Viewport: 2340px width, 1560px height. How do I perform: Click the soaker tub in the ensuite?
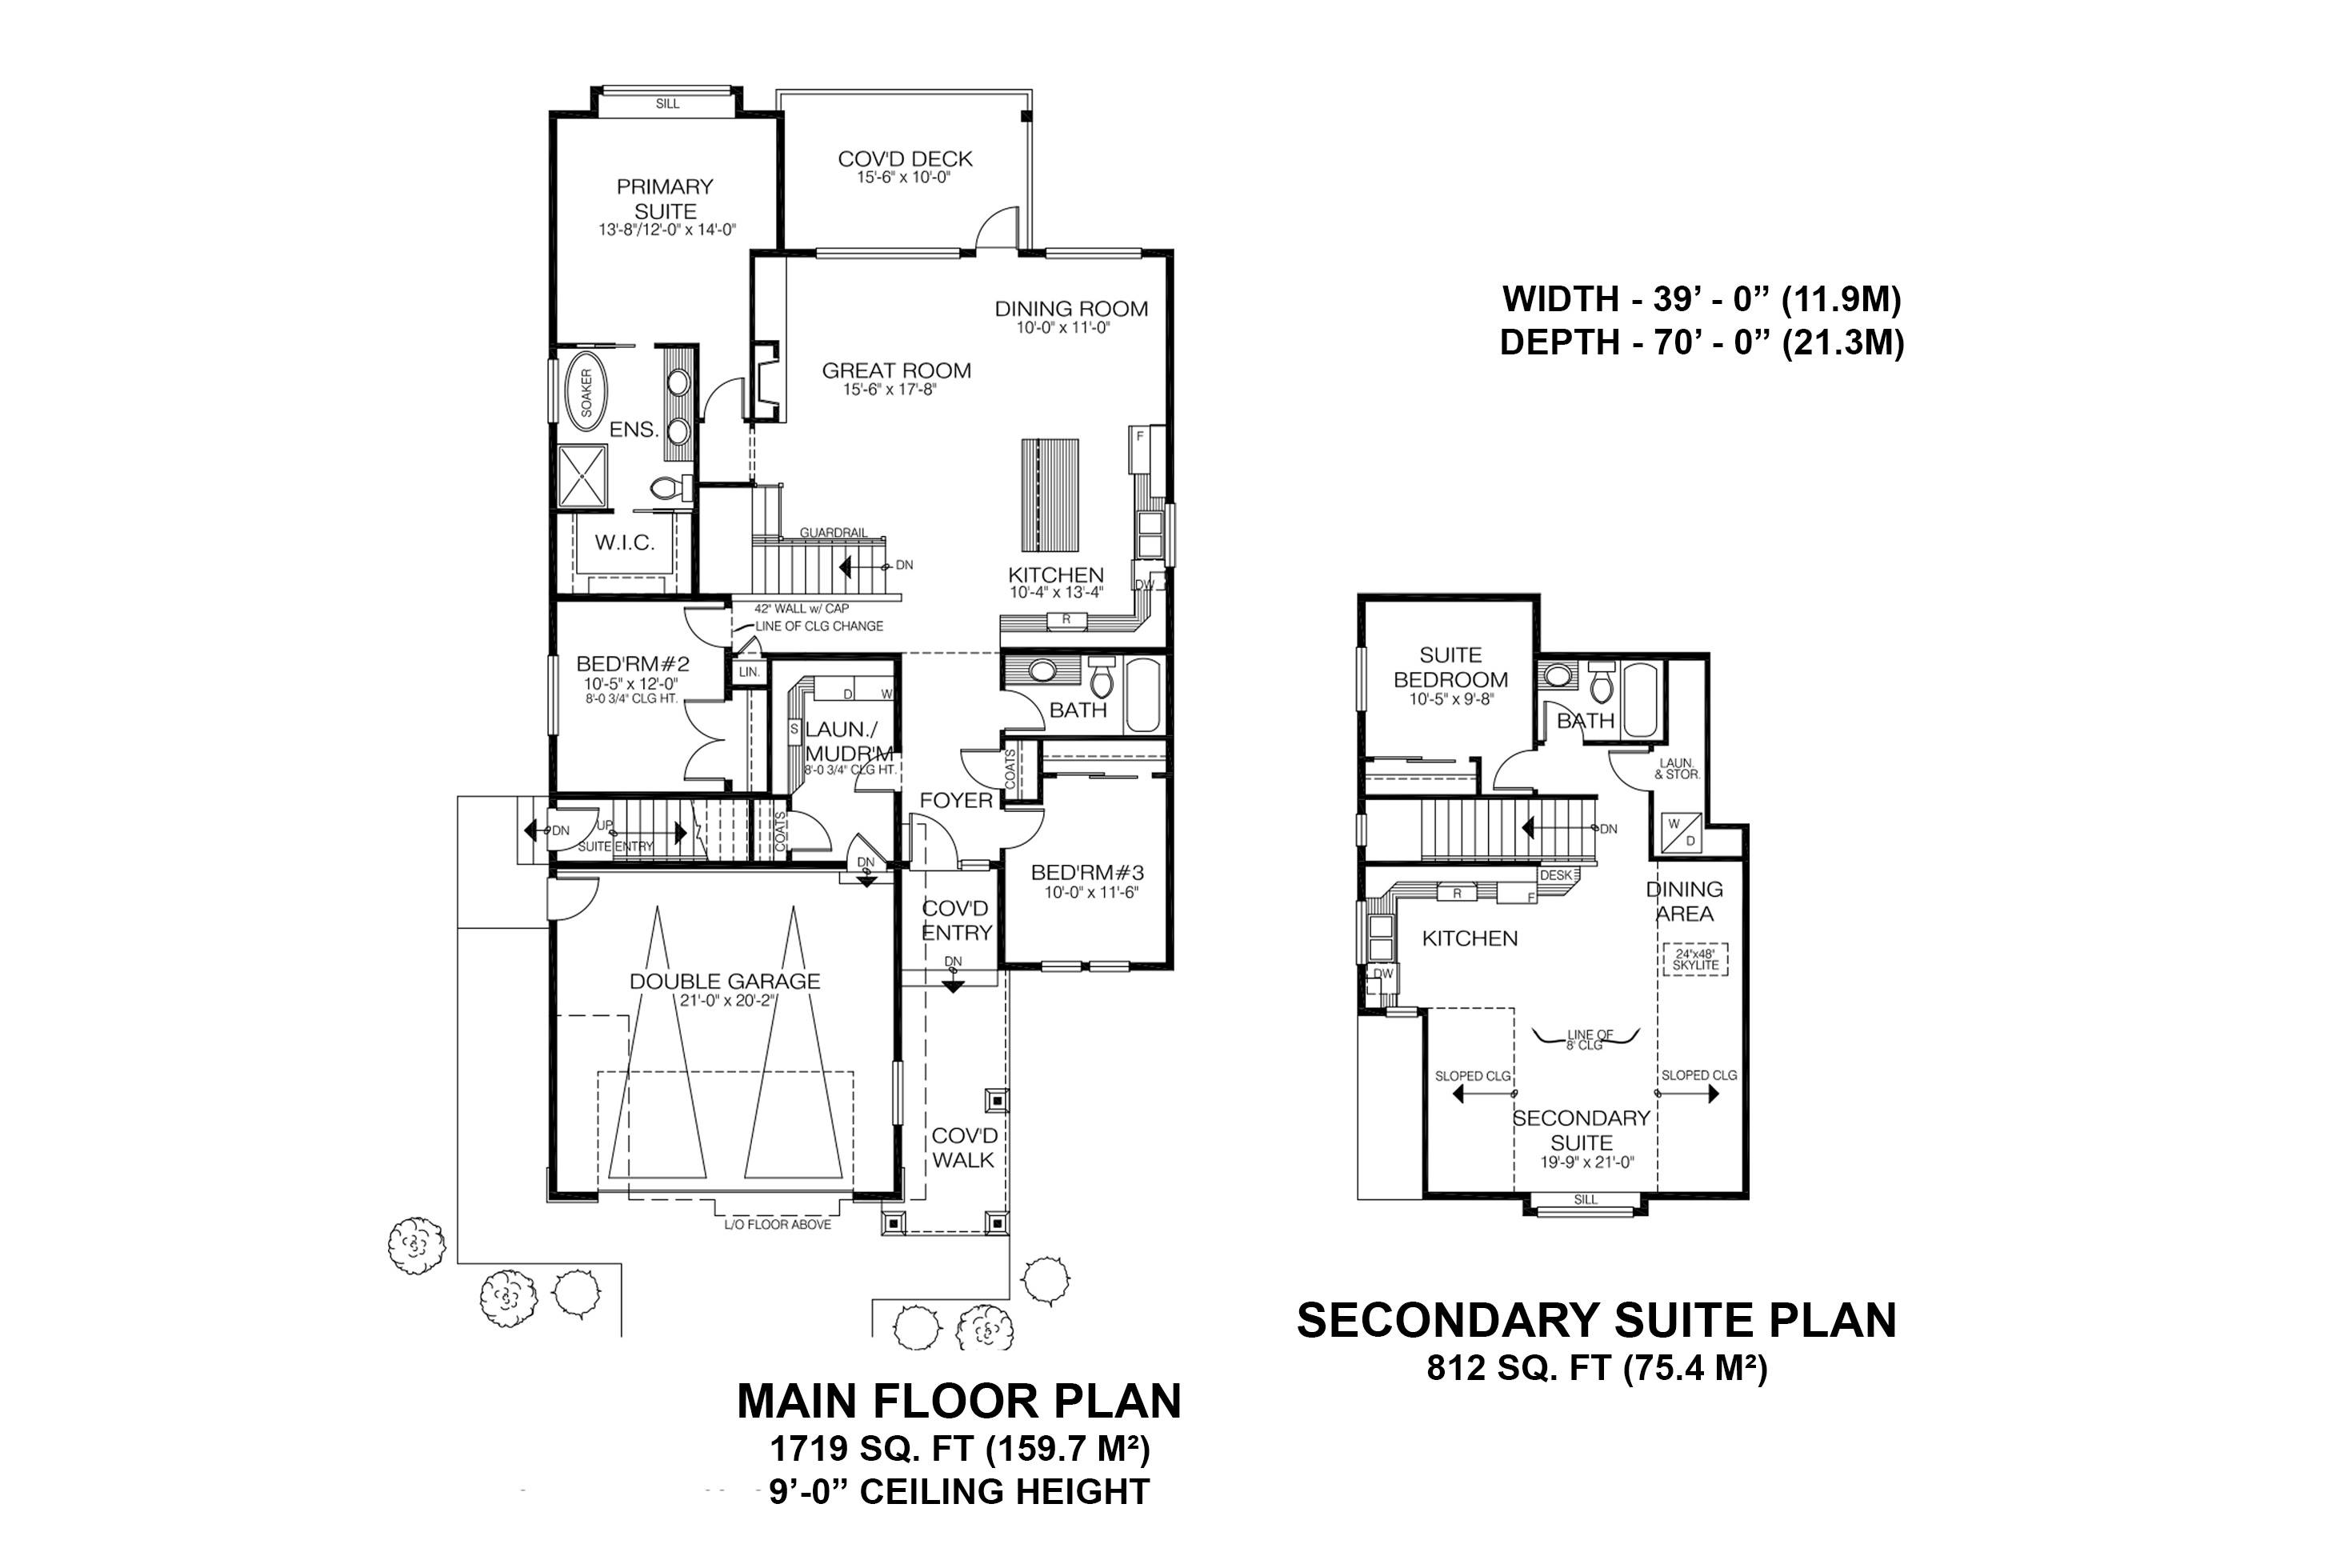586,393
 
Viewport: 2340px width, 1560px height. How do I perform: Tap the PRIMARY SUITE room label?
665,199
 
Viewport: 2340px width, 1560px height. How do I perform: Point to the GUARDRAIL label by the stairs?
833,532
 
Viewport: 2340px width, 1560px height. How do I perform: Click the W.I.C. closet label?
625,542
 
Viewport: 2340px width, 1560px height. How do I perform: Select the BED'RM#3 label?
1086,873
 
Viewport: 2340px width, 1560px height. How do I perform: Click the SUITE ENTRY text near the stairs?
616,846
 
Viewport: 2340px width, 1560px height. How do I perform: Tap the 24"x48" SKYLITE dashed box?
1695,959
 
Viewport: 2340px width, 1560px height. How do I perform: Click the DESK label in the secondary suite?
1555,875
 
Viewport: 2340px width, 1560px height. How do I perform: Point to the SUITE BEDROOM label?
1450,667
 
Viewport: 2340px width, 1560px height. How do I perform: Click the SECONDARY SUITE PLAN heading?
1596,1320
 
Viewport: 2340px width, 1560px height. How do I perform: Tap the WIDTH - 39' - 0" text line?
1702,298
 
